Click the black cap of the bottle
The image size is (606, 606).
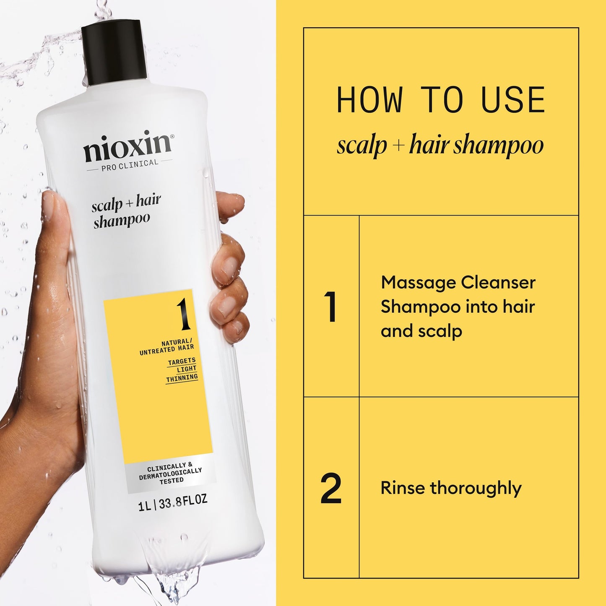[114, 52]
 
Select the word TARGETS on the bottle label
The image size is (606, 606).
[182, 361]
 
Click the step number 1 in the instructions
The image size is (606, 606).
[330, 307]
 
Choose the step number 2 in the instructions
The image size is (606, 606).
[331, 488]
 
